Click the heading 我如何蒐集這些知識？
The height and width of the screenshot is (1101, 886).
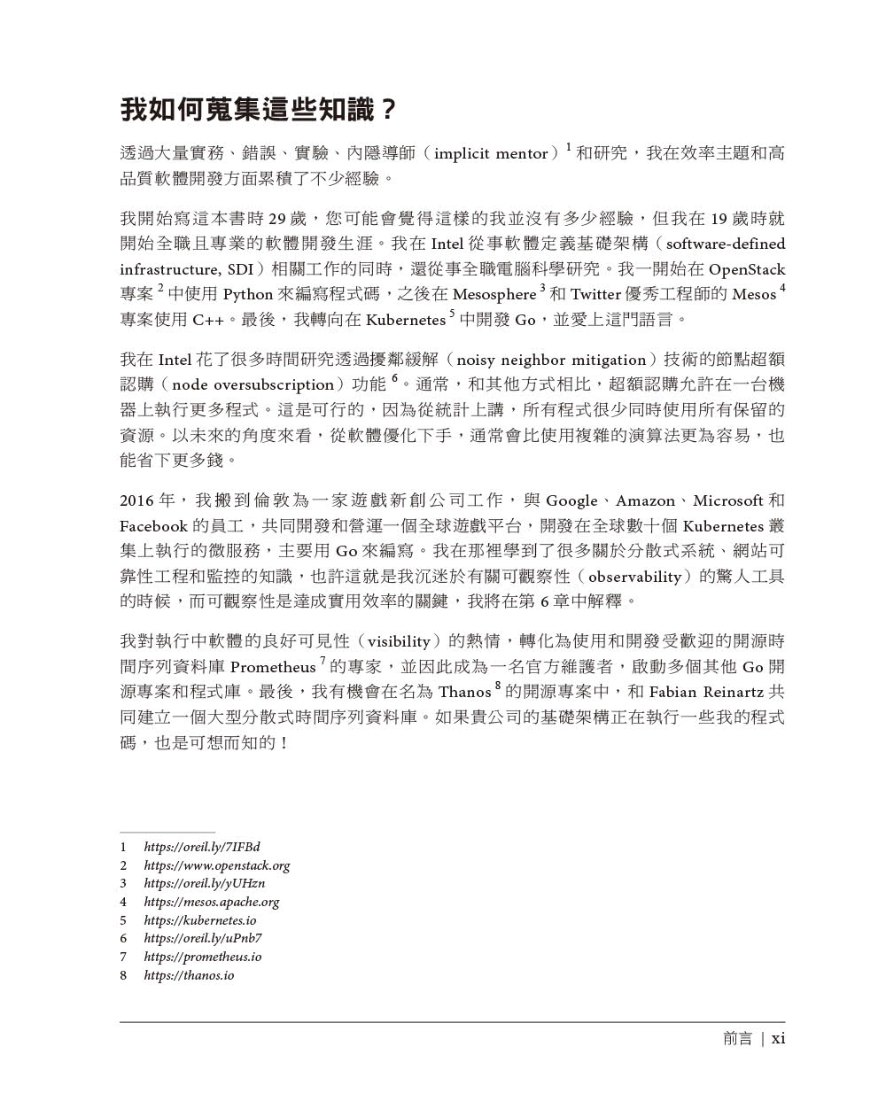coord(259,111)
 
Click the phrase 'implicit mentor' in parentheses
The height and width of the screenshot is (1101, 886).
coord(492,153)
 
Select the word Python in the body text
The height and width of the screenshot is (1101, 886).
coord(247,294)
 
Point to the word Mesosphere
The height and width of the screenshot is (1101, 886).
coord(494,294)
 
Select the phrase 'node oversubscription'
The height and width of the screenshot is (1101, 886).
coord(253,385)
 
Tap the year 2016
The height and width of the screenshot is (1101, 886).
coord(137,500)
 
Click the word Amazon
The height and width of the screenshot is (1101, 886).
coord(645,500)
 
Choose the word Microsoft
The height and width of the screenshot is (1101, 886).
coord(728,500)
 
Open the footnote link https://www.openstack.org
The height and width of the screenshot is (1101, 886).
coord(217,865)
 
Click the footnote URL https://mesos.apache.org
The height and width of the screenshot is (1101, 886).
coord(212,902)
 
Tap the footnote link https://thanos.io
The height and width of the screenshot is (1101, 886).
coord(189,975)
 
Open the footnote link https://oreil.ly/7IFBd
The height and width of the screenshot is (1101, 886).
coord(202,847)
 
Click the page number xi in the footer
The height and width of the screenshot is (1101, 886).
coord(778,1038)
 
